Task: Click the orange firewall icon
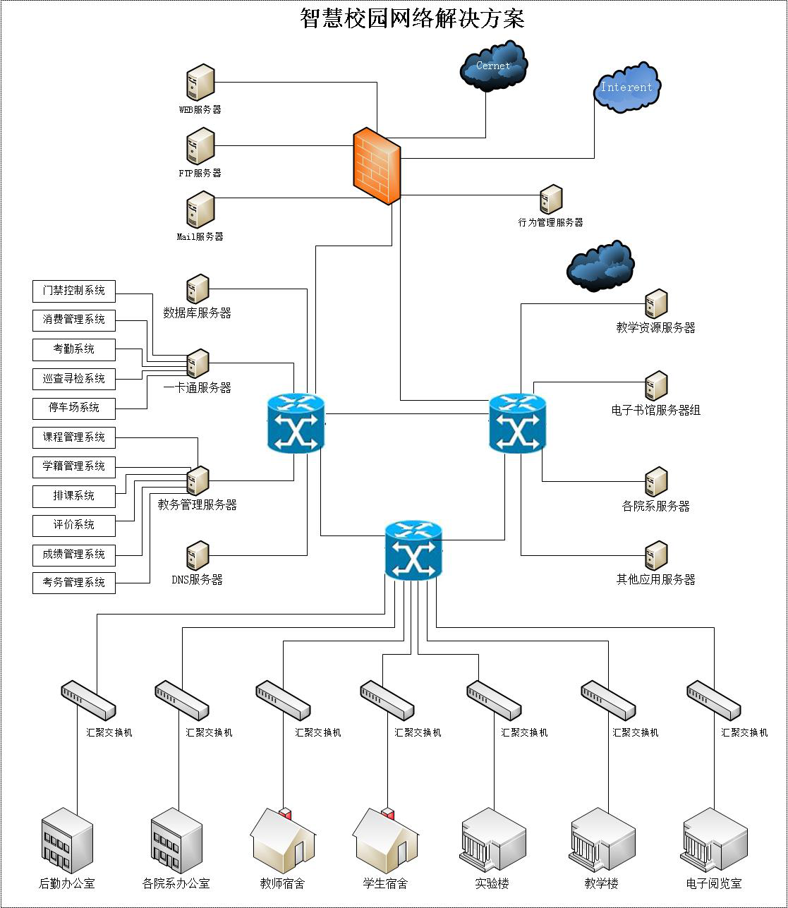pos(377,167)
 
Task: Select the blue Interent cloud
pos(626,87)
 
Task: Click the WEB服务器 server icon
pos(200,83)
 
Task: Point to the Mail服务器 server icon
pos(200,210)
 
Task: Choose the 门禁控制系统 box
pos(74,291)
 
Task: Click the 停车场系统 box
pos(74,408)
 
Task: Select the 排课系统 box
pos(74,496)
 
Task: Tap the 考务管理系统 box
pos(74,583)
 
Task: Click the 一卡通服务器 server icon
pos(198,363)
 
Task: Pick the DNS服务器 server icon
pos(198,556)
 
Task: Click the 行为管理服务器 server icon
pos(551,200)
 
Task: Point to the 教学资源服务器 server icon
pos(656,303)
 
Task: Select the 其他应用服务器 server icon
pos(656,556)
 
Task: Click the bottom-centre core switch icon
pos(413,551)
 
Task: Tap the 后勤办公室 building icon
pos(67,841)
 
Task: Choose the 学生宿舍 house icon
pos(385,841)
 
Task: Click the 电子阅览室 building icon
pos(714,841)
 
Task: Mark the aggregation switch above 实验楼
pos(494,700)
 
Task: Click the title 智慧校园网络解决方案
pos(413,18)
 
